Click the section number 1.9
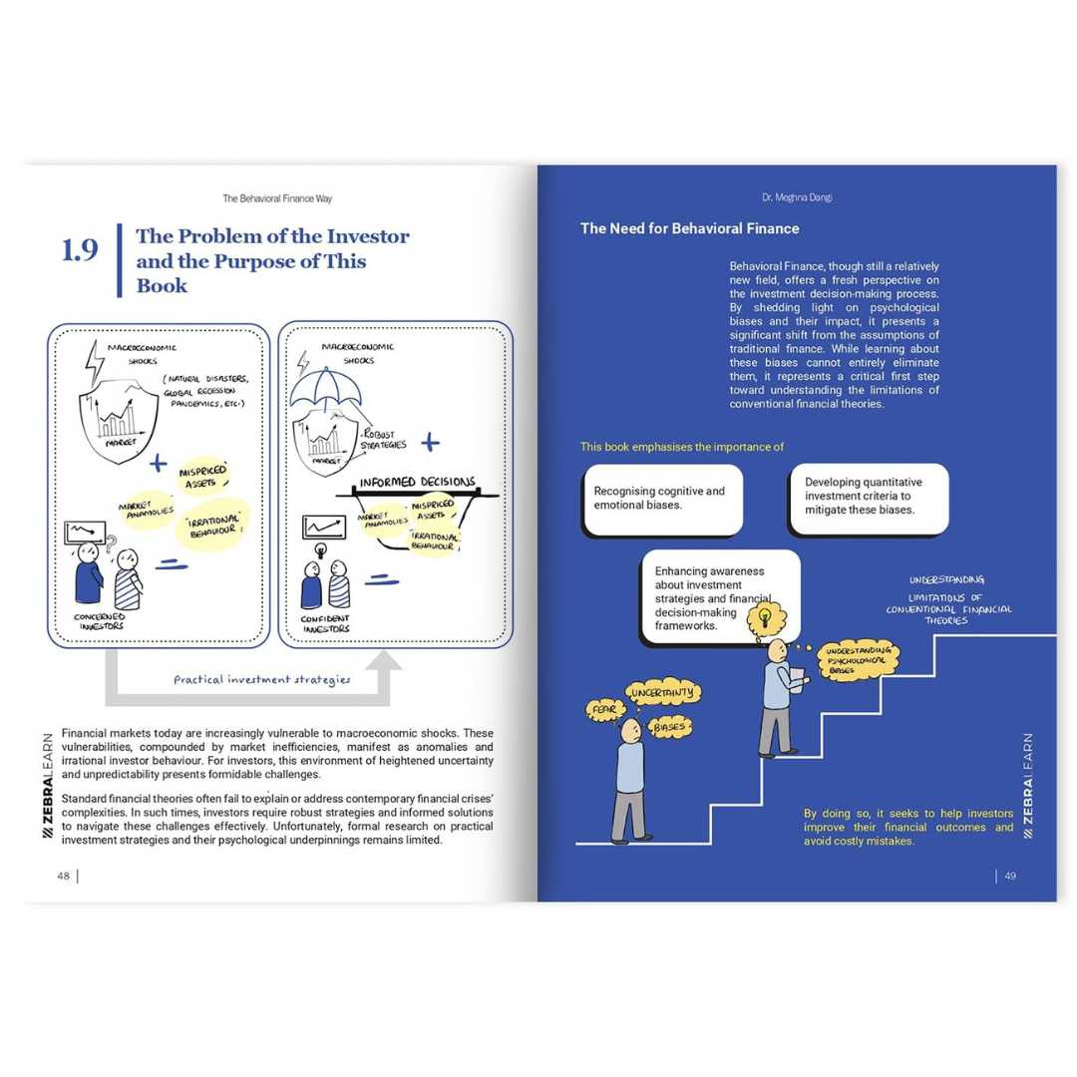[x=80, y=250]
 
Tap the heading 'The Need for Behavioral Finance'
[x=689, y=228]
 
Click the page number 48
[x=63, y=876]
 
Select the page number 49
[x=1009, y=876]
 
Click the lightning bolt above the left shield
[x=95, y=363]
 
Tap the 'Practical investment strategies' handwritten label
[x=261, y=679]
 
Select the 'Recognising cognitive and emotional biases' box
[x=662, y=499]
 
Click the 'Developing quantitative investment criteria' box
[x=868, y=496]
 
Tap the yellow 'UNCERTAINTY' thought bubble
[x=663, y=692]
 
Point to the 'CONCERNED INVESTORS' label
[x=100, y=622]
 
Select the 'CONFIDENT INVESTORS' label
[x=326, y=622]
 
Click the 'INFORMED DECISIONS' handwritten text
[x=417, y=483]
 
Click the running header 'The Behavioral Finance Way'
[x=277, y=197]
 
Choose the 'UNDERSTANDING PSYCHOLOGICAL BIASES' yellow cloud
[x=858, y=660]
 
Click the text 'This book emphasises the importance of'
[x=682, y=447]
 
